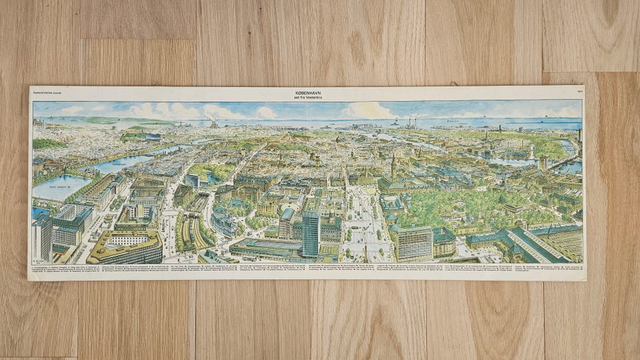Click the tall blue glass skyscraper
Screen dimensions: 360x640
coord(311,233)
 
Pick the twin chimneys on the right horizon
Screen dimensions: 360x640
coord(413,123)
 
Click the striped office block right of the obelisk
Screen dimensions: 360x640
coord(413,243)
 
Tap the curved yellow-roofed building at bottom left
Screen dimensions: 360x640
coord(127,247)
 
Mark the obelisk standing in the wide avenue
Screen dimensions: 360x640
coord(365,250)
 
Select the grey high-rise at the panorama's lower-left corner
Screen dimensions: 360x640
coord(41,237)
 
